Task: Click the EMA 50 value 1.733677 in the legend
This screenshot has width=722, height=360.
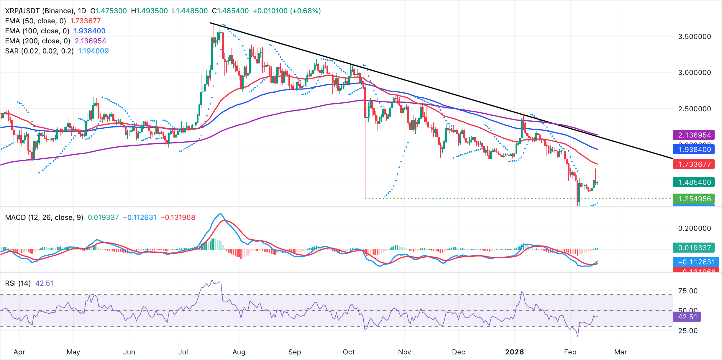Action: click(86, 21)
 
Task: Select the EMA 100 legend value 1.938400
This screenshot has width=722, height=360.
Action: click(89, 31)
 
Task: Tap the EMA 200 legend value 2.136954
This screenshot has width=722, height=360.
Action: click(91, 41)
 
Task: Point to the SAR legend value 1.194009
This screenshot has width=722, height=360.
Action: click(93, 51)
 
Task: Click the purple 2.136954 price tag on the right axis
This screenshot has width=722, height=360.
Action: click(694, 135)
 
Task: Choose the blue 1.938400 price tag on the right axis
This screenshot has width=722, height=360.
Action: click(694, 150)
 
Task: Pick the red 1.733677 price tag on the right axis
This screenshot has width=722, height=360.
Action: click(694, 164)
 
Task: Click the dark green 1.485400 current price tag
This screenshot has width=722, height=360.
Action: click(694, 182)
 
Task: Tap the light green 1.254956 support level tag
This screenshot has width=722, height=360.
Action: click(694, 199)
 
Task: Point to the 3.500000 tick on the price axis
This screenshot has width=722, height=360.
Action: click(695, 37)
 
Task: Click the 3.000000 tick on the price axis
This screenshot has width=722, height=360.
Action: click(695, 73)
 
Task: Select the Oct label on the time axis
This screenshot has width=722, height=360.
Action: click(349, 352)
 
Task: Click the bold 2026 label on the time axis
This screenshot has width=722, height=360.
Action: click(514, 352)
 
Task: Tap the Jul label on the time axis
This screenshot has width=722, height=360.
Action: click(183, 352)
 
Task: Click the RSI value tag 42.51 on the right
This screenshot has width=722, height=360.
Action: click(687, 317)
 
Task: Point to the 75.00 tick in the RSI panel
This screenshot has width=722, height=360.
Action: click(688, 291)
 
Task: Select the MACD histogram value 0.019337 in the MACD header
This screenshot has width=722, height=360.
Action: click(103, 217)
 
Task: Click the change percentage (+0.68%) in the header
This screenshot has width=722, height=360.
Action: click(306, 11)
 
